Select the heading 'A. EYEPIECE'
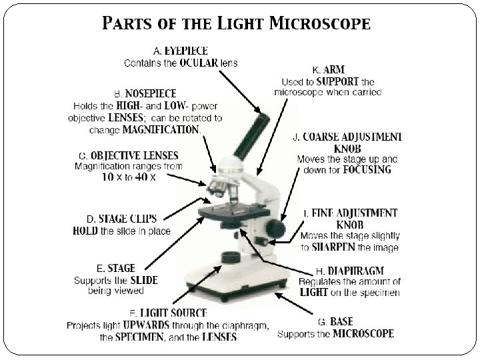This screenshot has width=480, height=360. [x=181, y=51]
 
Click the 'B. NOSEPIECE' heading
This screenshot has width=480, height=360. [x=146, y=94]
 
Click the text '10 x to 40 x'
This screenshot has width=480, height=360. [x=129, y=178]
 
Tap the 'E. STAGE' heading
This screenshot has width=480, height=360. [x=115, y=269]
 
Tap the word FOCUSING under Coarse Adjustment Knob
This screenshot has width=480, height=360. [x=367, y=170]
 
